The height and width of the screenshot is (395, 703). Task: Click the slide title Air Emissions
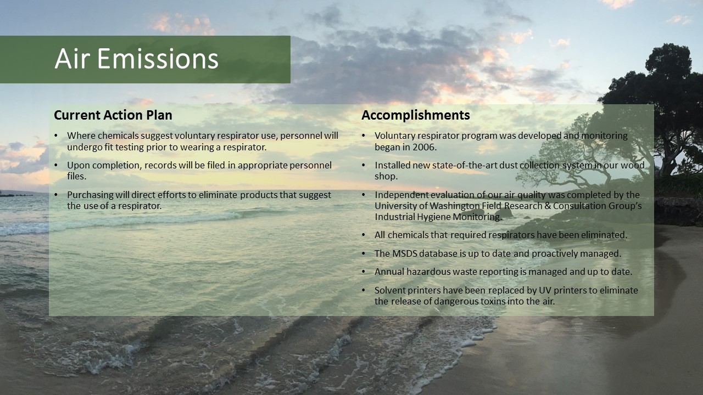pos(137,59)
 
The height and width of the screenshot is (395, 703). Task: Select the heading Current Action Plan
pos(113,115)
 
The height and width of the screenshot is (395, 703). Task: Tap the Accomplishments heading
pos(416,115)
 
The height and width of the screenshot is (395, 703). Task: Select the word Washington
pos(454,206)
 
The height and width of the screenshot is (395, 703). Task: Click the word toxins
pos(490,302)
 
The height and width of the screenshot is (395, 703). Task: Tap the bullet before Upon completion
pos(56,165)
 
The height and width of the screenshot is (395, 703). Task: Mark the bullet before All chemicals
pos(364,235)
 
